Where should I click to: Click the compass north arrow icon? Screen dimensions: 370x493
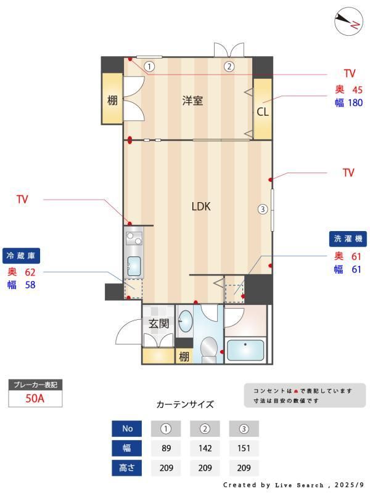point(348,22)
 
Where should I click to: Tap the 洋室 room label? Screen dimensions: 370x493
point(192,100)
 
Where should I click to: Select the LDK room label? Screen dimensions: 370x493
point(201,206)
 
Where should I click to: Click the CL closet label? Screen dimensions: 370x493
point(263,112)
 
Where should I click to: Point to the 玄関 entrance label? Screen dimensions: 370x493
point(159,323)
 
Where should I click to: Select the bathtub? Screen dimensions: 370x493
point(245,350)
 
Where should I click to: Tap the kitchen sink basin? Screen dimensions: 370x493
point(134,266)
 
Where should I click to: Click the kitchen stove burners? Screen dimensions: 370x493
point(134,238)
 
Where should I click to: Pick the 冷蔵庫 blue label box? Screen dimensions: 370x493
point(21,256)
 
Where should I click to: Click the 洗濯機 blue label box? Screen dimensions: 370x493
point(348,238)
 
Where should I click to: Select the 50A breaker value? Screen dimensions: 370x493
point(35,398)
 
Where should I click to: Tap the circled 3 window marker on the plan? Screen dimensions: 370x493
point(263,209)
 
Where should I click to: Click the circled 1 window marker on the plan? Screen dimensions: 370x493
point(149,67)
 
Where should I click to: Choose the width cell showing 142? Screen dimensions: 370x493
point(205,448)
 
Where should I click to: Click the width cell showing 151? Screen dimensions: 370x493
point(244,448)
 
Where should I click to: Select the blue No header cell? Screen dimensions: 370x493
point(127,428)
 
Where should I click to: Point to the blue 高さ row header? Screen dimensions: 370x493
point(127,468)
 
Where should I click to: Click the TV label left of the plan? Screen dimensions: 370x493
point(22,199)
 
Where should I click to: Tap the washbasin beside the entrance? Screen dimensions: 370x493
point(185,320)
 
